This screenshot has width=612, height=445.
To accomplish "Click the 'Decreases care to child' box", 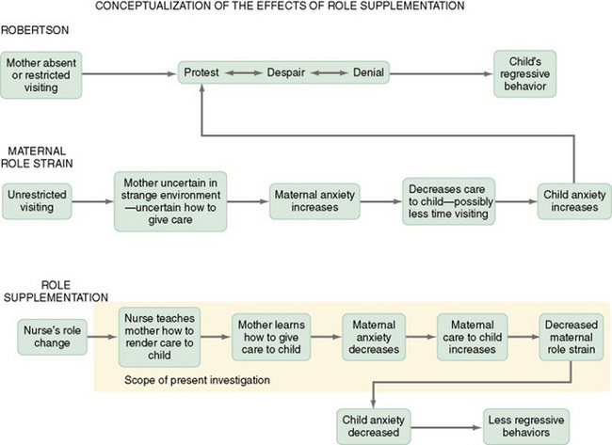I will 446,200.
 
